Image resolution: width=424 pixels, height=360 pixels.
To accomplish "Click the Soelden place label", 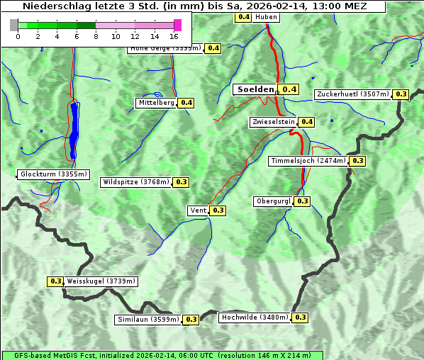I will click(255, 89).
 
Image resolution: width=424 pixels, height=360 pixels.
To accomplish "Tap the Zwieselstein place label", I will click(272, 122).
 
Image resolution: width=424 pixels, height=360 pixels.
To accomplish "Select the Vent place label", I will click(198, 210).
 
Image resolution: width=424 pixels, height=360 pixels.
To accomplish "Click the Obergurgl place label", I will click(273, 201).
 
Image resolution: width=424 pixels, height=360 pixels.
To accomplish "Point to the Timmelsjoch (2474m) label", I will click(308, 161).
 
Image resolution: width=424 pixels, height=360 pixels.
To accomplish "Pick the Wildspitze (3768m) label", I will click(136, 182).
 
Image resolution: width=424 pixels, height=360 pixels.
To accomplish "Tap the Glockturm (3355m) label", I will click(54, 174).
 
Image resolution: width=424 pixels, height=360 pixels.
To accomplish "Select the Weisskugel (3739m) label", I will click(101, 281).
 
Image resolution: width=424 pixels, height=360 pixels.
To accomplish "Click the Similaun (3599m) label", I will click(148, 320).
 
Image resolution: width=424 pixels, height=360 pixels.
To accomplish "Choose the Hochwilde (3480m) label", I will click(255, 317).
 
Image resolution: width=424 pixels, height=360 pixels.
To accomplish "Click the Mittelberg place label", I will click(157, 103).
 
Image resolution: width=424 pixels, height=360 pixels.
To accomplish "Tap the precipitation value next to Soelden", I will click(289, 89).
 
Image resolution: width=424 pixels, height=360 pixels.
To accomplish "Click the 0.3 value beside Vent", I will click(218, 210).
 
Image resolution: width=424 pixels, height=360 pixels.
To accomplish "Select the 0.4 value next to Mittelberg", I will click(186, 103).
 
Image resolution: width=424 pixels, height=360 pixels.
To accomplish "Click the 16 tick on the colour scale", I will click(174, 35).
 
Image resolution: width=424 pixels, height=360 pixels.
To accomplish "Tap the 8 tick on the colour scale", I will click(96, 35).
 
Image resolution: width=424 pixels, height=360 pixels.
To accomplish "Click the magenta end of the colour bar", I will click(177, 25).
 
